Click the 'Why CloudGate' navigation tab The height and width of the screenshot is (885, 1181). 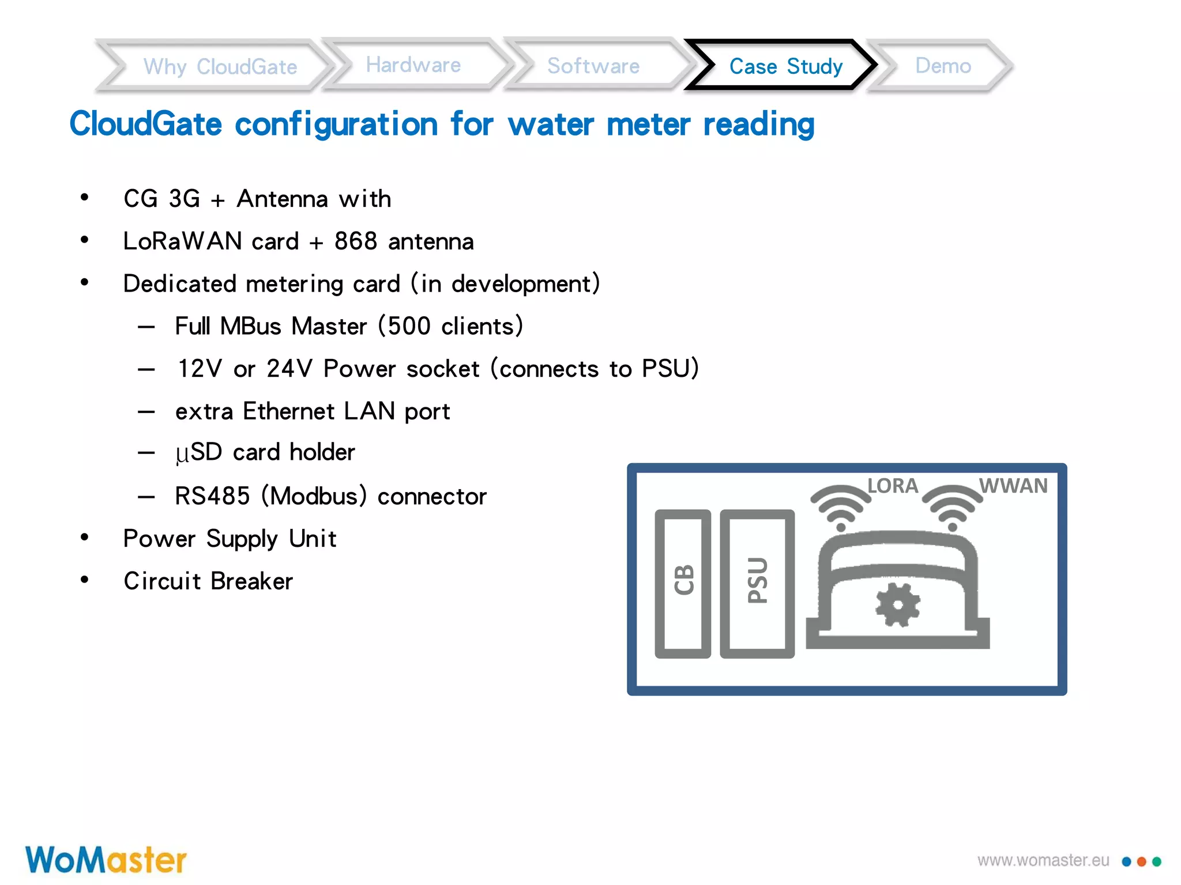pos(220,66)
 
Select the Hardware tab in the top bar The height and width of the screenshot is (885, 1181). pos(413,65)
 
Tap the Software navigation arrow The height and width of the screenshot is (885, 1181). pos(593,66)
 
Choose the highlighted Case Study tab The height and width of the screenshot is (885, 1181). pos(785,66)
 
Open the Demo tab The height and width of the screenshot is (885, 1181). pos(943,66)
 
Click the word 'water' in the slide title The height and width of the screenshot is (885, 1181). pos(551,124)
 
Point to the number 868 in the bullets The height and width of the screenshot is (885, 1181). pos(355,241)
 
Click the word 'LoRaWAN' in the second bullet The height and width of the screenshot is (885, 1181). pos(182,241)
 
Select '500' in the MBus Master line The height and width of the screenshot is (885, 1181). pos(409,326)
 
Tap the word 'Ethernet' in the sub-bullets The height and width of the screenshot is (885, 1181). pos(288,411)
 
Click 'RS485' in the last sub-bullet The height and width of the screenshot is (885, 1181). pos(212,496)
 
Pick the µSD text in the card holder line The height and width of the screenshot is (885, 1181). pos(198,452)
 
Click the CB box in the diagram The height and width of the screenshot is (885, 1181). pos(683,583)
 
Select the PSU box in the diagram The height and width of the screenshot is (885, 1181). pos(757,583)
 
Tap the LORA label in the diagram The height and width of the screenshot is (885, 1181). pos(893,486)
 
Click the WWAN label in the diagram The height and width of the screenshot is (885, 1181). pos(1013,486)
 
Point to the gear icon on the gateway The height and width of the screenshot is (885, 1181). pos(897,604)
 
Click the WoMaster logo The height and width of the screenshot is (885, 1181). pos(106,860)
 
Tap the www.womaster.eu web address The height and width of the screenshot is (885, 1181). pos(1043,861)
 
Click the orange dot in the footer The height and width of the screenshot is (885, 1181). pos(1141,862)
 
